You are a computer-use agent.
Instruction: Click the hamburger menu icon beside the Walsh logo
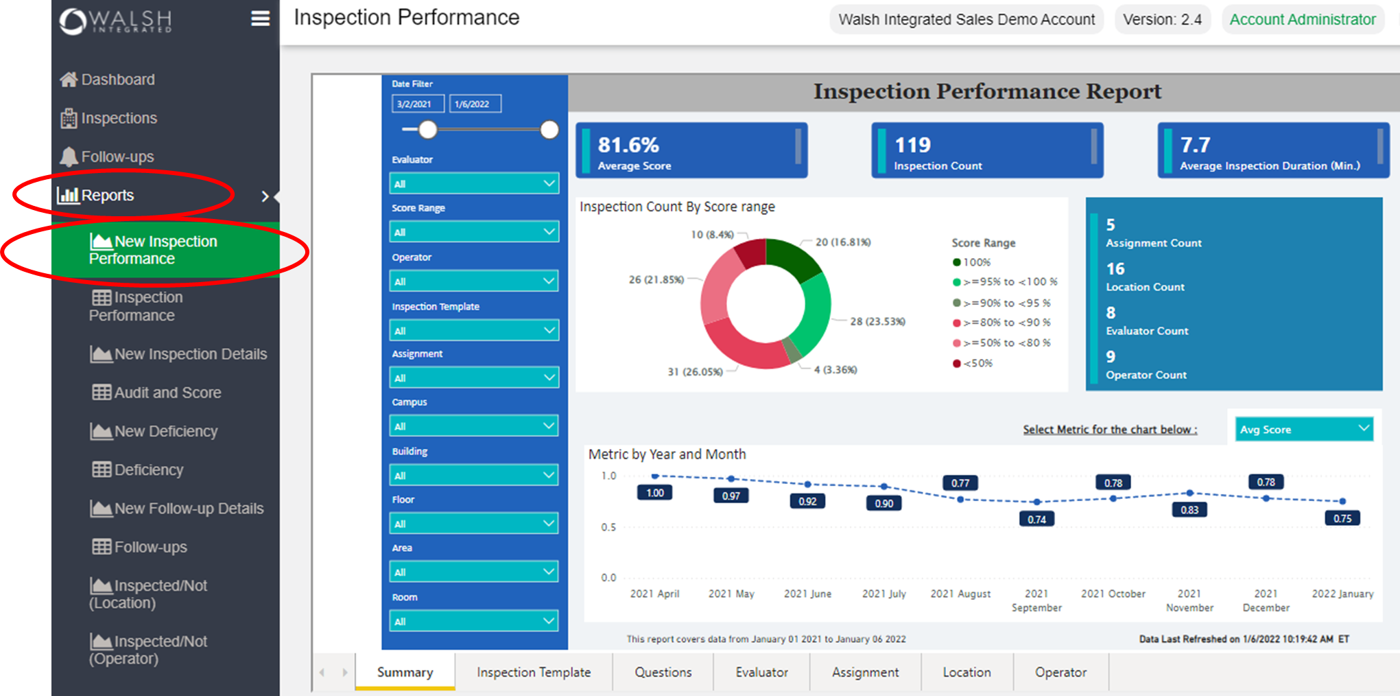tap(260, 19)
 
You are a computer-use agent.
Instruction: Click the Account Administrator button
tap(1302, 19)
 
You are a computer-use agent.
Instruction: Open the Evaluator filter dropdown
tap(474, 183)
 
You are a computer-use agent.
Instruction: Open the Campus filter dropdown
tap(474, 426)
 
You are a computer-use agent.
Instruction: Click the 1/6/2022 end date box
tap(475, 104)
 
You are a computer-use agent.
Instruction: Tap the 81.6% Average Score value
tap(628, 145)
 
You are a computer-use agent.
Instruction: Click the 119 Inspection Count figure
tap(912, 145)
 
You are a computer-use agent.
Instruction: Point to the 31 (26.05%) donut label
tap(694, 371)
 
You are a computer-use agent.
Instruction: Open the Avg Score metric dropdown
tap(1303, 429)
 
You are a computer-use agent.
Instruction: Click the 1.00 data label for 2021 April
tap(654, 493)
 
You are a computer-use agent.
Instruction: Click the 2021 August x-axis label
tap(960, 594)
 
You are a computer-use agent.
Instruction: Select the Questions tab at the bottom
tap(663, 672)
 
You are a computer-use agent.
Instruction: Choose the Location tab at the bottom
tap(966, 672)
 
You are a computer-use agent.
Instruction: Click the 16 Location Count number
tap(1115, 269)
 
